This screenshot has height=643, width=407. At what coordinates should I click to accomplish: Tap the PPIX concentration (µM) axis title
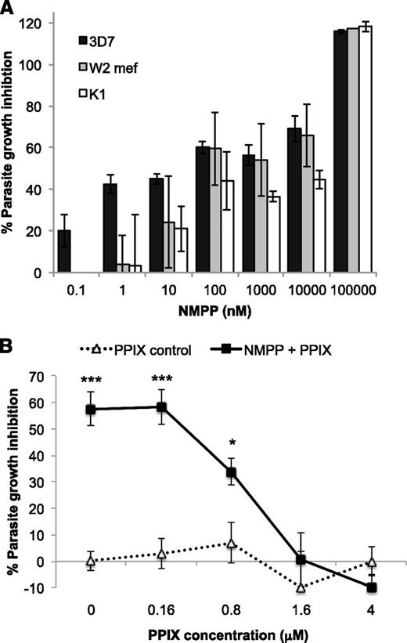point(220,631)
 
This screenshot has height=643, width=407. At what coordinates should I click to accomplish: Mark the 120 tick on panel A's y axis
point(32,23)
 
